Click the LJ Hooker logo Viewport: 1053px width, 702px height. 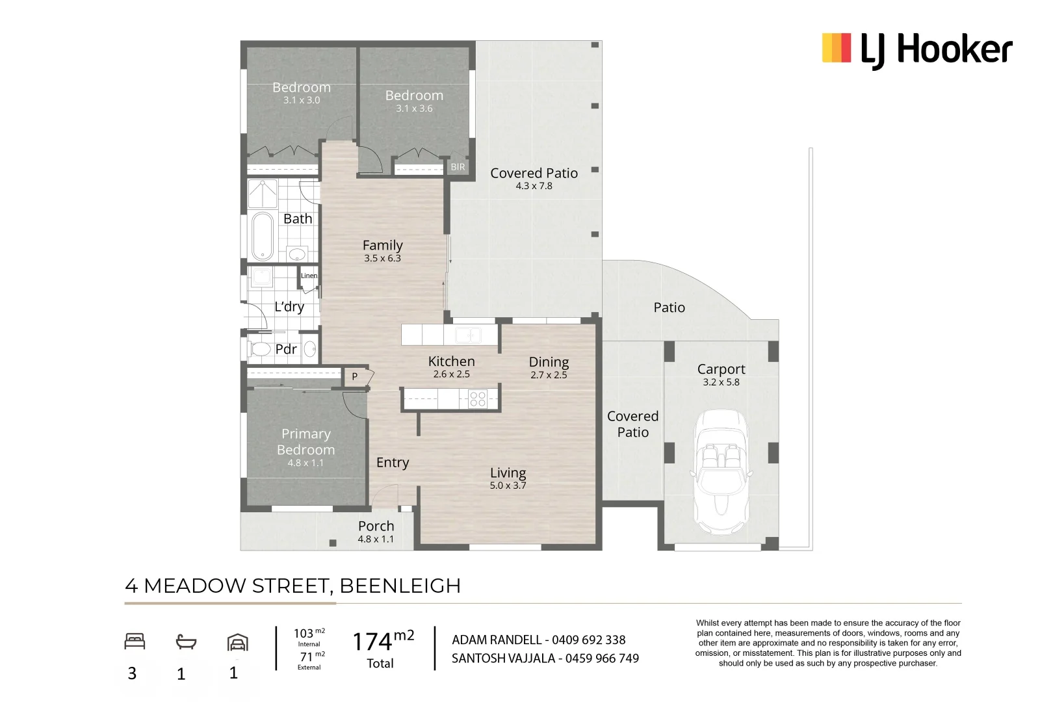pyautogui.click(x=916, y=50)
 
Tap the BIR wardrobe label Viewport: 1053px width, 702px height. pyautogui.click(x=458, y=167)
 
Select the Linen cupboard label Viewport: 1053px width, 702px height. pyautogui.click(x=309, y=276)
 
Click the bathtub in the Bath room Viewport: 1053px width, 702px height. pyautogui.click(x=263, y=237)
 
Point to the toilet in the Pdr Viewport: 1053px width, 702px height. pyautogui.click(x=259, y=349)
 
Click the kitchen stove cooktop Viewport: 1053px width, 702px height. pyautogui.click(x=478, y=399)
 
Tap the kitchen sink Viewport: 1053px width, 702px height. pyautogui.click(x=468, y=335)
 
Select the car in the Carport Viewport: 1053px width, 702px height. pyautogui.click(x=721, y=472)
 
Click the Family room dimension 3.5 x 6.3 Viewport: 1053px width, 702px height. pyautogui.click(x=382, y=258)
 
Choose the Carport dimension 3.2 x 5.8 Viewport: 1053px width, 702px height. pyautogui.click(x=721, y=382)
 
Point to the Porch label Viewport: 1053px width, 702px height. pyautogui.click(x=376, y=526)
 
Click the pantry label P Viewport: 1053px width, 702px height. pyautogui.click(x=355, y=376)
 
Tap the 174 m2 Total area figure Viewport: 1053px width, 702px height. pyautogui.click(x=383, y=649)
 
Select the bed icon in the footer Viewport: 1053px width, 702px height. pyautogui.click(x=135, y=642)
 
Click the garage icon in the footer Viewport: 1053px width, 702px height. pyautogui.click(x=237, y=642)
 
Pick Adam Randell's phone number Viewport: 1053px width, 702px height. pyautogui.click(x=588, y=640)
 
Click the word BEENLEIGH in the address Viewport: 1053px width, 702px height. pyautogui.click(x=400, y=586)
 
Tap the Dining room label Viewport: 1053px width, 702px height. pyautogui.click(x=549, y=362)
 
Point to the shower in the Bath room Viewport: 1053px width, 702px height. pyautogui.click(x=263, y=193)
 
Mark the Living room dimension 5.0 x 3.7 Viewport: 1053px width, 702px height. pyautogui.click(x=508, y=486)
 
